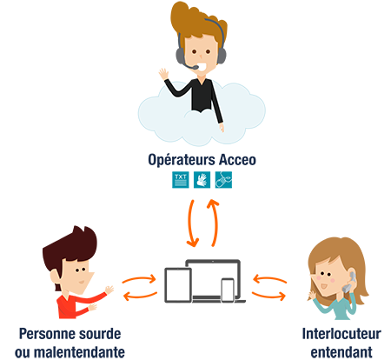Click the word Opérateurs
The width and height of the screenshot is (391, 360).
point(182,160)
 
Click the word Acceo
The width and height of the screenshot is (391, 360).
point(237,160)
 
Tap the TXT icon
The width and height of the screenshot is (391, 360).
point(181,180)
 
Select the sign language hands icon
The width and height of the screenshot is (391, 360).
point(202,180)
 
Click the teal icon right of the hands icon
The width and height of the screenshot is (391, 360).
point(223,180)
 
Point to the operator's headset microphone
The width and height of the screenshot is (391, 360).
point(193,67)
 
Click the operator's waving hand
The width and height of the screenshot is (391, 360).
point(163,74)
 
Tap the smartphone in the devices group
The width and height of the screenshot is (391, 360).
point(228,290)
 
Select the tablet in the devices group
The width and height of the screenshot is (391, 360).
point(178,285)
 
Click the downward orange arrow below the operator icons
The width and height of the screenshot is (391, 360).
point(192,223)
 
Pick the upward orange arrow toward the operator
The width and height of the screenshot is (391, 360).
point(214,223)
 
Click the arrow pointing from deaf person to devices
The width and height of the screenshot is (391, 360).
point(139,279)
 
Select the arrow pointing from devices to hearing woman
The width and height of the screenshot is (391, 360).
point(268,296)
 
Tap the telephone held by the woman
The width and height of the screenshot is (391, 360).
point(348,282)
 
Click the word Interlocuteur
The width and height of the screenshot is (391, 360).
point(341,334)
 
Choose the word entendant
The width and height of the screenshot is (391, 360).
point(341,352)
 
